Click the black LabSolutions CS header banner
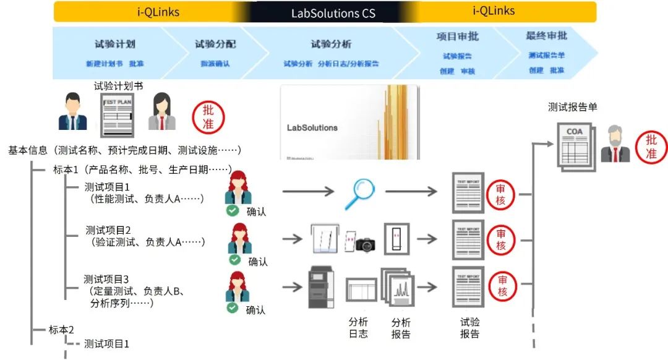coord(333,13)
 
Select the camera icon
coord(365,244)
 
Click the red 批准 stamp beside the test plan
coord(208,116)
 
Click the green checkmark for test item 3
coord(233,307)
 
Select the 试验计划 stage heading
coord(114,45)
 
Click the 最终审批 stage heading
coord(546,36)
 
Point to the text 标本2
coord(62,329)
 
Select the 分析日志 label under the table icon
coord(358,328)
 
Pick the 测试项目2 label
coord(108,230)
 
